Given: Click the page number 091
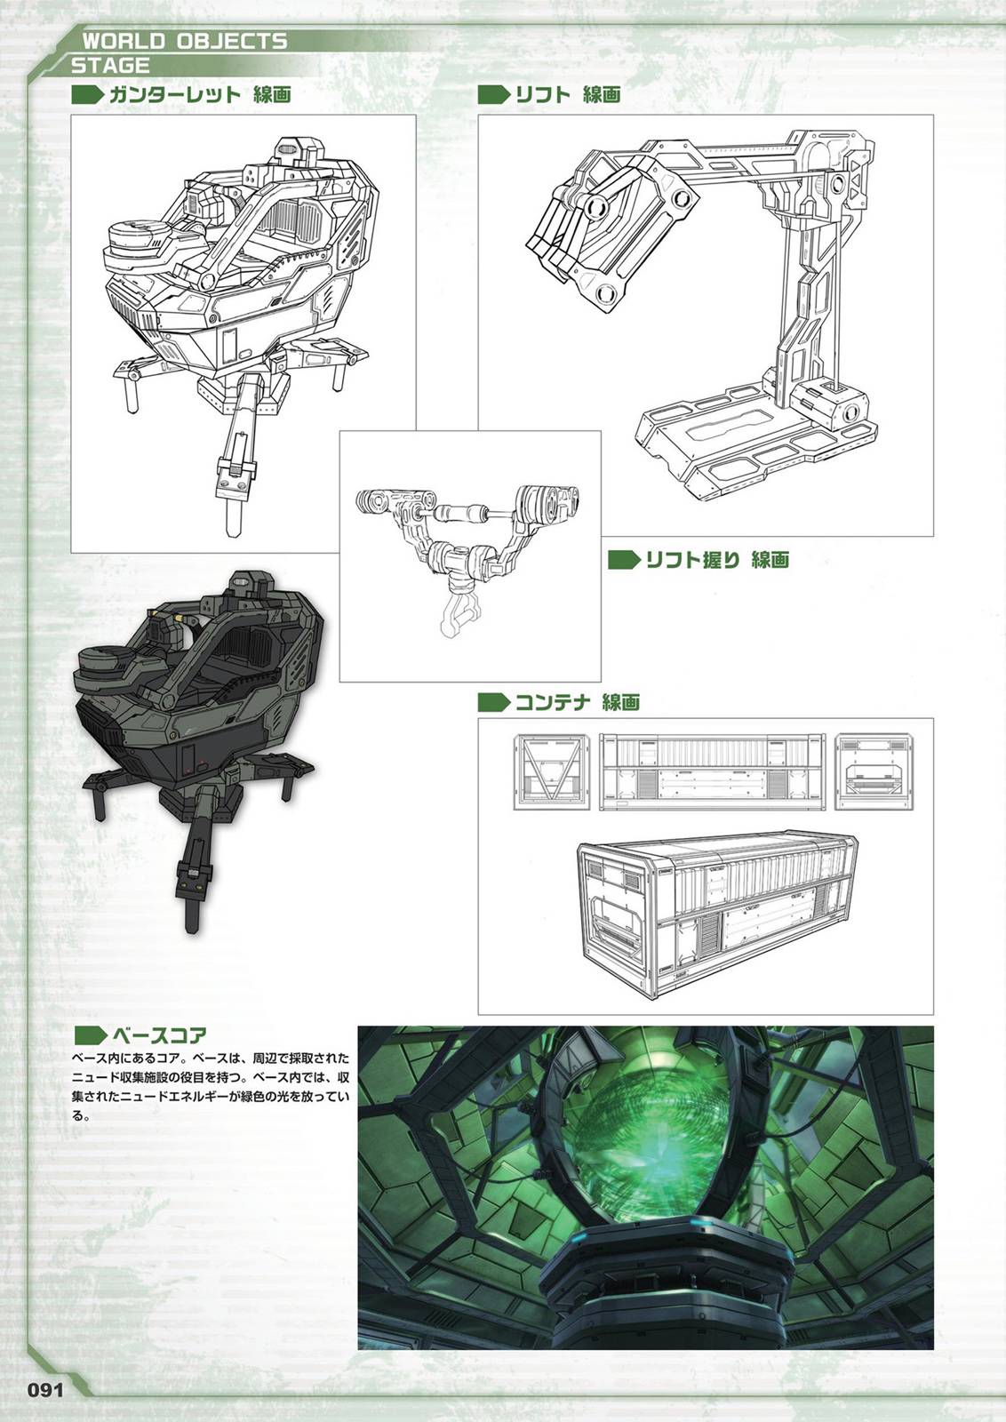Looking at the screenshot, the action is pyautogui.click(x=45, y=1386).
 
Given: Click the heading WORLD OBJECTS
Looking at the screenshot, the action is pyautogui.click(x=185, y=42).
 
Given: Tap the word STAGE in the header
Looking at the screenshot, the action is pyautogui.click(x=110, y=65).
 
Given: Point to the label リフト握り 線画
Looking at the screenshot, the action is pyautogui.click(x=717, y=559).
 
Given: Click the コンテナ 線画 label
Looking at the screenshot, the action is pyautogui.click(x=578, y=703).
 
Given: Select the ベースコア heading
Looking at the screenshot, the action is pyautogui.click(x=160, y=1035).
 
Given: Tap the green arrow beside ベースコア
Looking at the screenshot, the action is pyautogui.click(x=90, y=1035).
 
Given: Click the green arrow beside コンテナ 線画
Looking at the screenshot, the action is pyautogui.click(x=494, y=703).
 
